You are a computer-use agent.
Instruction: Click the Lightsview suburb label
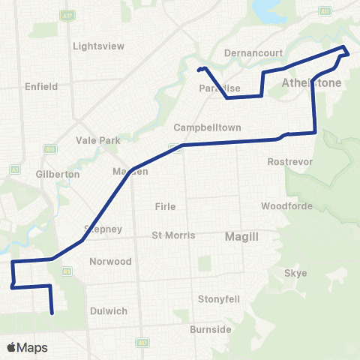[98, 46]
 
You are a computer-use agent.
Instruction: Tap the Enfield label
[40, 86]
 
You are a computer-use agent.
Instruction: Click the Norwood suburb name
[110, 262]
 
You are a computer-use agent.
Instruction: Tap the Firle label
[165, 206]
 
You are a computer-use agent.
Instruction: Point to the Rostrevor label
[285, 161]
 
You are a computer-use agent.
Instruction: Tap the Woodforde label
[282, 205]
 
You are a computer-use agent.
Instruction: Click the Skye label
[296, 273]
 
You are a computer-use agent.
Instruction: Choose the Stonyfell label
[218, 298]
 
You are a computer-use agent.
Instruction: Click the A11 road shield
[142, 342]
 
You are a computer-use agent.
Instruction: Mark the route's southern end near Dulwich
[52, 313]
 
